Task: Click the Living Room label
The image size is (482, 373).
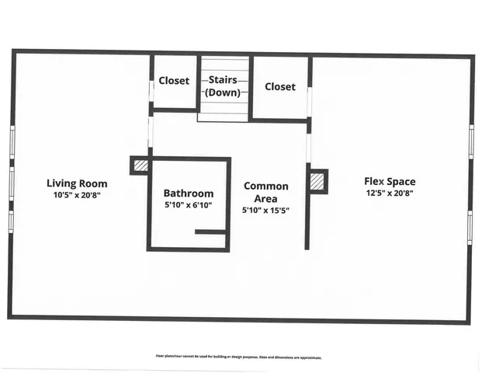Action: (x=77, y=183)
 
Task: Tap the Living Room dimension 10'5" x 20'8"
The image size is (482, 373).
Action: (x=77, y=195)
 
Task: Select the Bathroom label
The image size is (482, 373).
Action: (x=188, y=193)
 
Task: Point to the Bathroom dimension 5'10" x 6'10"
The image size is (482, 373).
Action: (x=188, y=205)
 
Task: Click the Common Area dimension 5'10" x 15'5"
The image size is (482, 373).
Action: (x=265, y=211)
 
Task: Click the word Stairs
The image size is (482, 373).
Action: (x=224, y=80)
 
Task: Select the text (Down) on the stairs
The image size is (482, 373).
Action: (x=224, y=92)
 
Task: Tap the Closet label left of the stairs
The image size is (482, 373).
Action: (x=174, y=81)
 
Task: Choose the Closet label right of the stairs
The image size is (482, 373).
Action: (x=279, y=86)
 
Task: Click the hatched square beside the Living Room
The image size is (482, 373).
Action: (x=140, y=165)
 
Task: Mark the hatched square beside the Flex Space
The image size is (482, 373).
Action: (x=317, y=181)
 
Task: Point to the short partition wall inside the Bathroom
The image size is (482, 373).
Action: (x=210, y=232)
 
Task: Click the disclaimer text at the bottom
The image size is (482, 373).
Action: (x=239, y=357)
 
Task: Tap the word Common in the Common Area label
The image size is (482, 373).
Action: (x=265, y=186)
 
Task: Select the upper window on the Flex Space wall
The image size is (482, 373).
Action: (x=471, y=142)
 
